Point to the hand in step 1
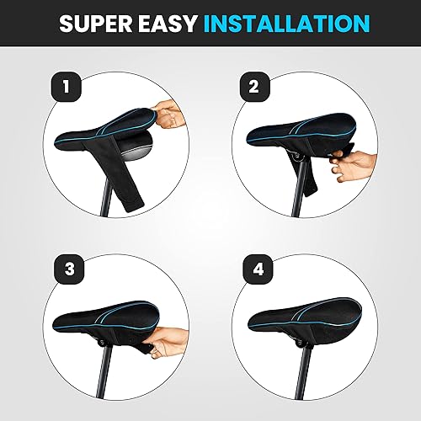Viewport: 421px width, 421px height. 172,111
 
